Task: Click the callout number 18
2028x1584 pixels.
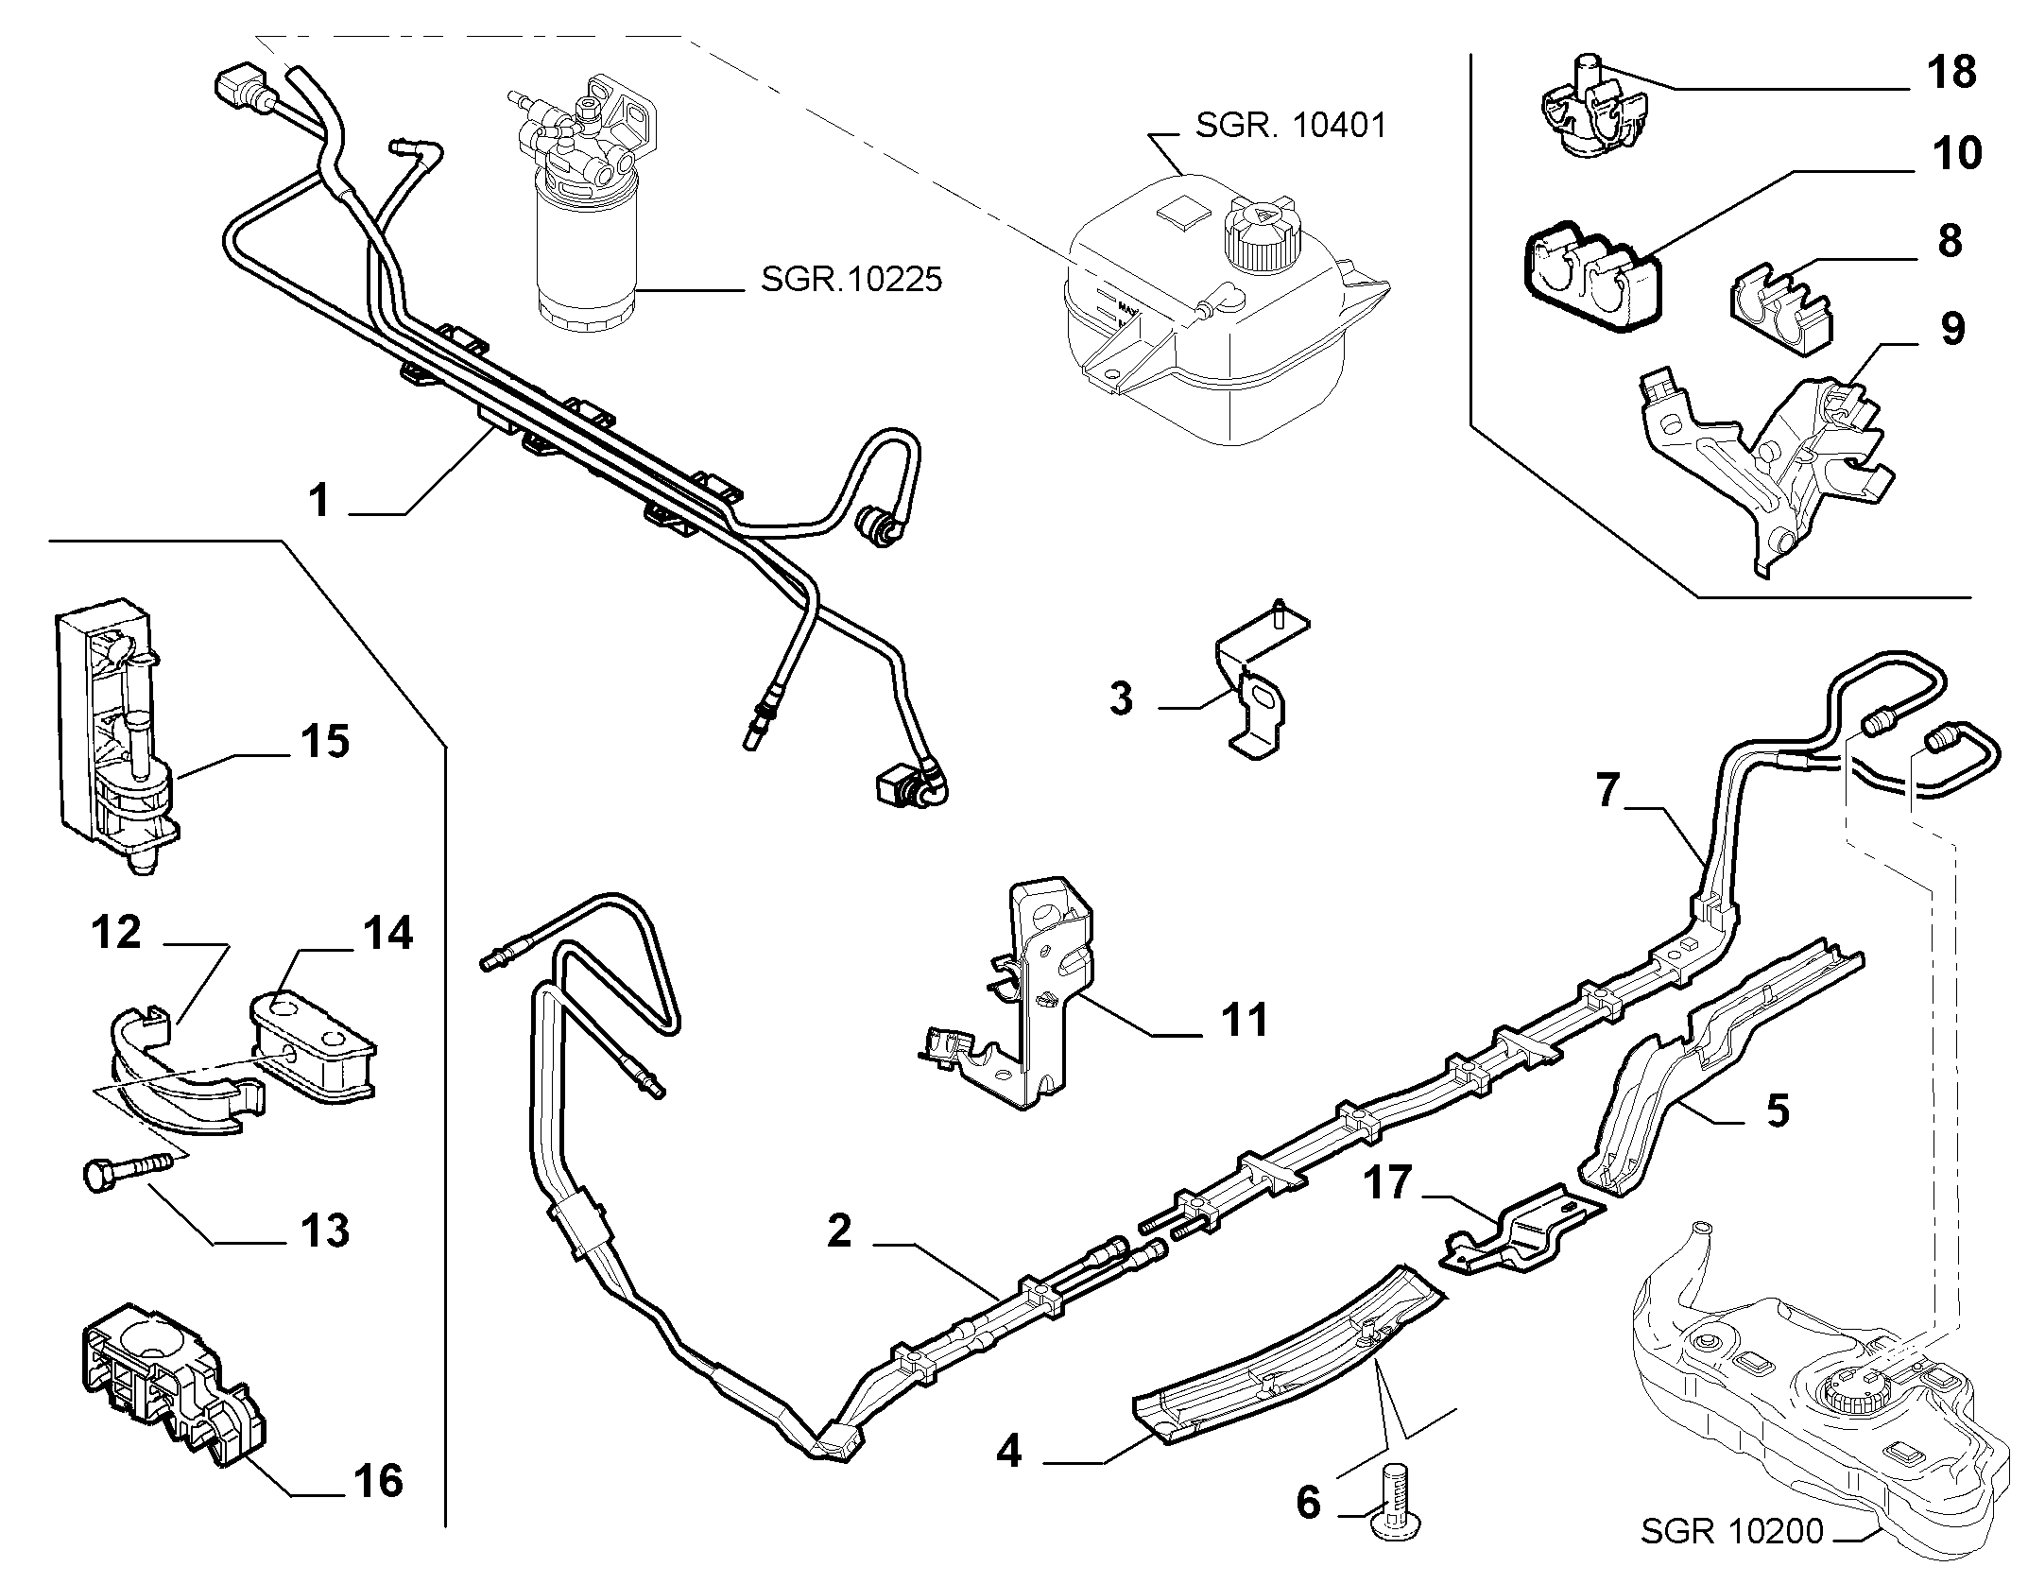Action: pos(1950,72)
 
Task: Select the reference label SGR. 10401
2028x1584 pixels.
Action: pos(1290,125)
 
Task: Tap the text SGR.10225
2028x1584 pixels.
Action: pos(851,279)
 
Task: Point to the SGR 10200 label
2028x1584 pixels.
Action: pos(1731,1531)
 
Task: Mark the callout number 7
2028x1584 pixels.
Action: pos(1608,791)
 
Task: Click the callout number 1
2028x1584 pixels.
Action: pos(319,499)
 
